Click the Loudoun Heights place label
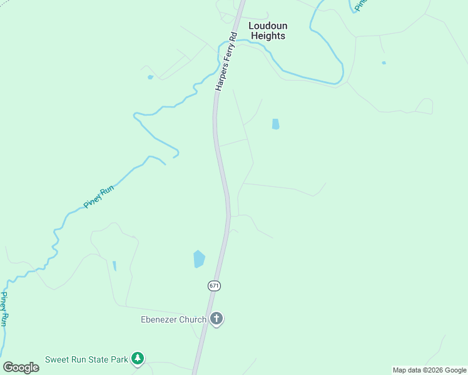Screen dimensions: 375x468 click(268, 31)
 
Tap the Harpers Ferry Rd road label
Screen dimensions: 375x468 click(226, 62)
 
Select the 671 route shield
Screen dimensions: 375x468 click(214, 286)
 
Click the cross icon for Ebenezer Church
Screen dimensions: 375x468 click(216, 319)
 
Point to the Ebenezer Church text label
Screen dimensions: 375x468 click(173, 319)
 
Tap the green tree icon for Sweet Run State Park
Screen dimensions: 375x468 click(138, 359)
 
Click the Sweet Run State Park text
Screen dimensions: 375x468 click(86, 359)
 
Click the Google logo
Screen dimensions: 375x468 click(21, 367)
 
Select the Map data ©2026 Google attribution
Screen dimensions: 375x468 click(429, 370)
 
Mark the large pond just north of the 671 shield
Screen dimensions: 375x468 click(199, 258)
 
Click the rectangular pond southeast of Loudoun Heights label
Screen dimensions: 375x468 click(275, 124)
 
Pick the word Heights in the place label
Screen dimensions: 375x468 click(268, 36)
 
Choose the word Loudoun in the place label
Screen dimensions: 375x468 click(268, 26)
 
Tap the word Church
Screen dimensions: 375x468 click(192, 319)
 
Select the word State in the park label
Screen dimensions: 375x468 click(94, 359)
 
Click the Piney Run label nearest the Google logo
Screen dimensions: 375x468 click(4, 309)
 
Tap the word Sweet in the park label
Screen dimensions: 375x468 click(56, 359)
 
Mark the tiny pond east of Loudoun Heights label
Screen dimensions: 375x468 click(384, 62)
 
